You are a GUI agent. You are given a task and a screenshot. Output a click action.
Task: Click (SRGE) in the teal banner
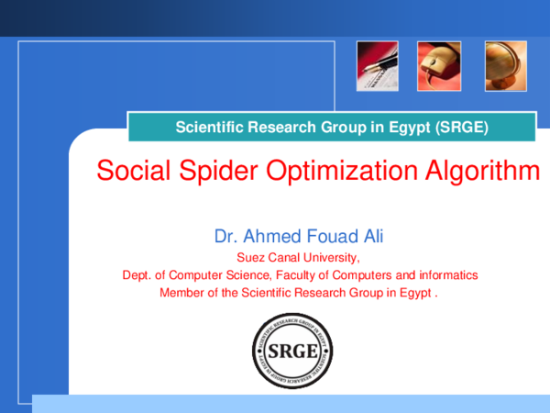click(x=464, y=127)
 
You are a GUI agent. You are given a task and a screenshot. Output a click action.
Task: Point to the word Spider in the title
click(x=203, y=171)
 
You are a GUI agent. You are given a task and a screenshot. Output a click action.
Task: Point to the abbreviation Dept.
click(x=136, y=275)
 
